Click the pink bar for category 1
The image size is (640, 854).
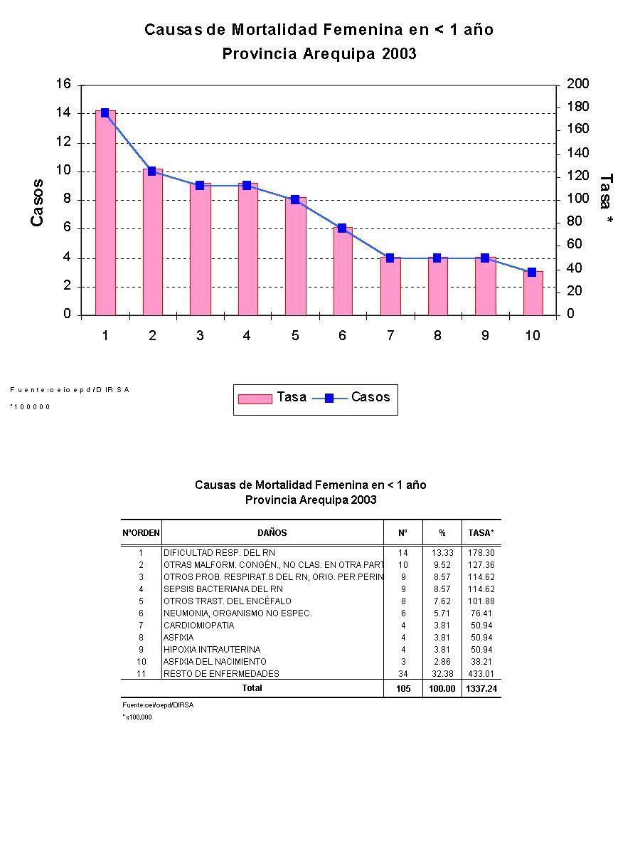pyautogui.click(x=105, y=213)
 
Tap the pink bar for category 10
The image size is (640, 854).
pyautogui.click(x=533, y=293)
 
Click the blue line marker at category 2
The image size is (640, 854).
pyautogui.click(x=151, y=172)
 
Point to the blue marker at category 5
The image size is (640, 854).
pyautogui.click(x=295, y=200)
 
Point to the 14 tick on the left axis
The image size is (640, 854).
pyautogui.click(x=63, y=113)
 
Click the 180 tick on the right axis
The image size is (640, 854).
pyautogui.click(x=577, y=107)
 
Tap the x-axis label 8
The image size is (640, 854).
pyautogui.click(x=437, y=336)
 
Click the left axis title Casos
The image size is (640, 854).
pyautogui.click(x=37, y=203)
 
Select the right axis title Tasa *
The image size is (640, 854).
pyautogui.click(x=606, y=200)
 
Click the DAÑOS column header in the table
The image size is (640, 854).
pyautogui.click(x=272, y=532)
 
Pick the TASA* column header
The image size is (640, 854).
pyautogui.click(x=481, y=532)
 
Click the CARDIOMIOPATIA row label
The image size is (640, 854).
pyautogui.click(x=198, y=626)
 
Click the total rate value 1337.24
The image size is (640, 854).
pyautogui.click(x=481, y=689)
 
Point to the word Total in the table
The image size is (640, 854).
pyautogui.click(x=252, y=688)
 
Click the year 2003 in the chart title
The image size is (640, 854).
pyautogui.click(x=398, y=54)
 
